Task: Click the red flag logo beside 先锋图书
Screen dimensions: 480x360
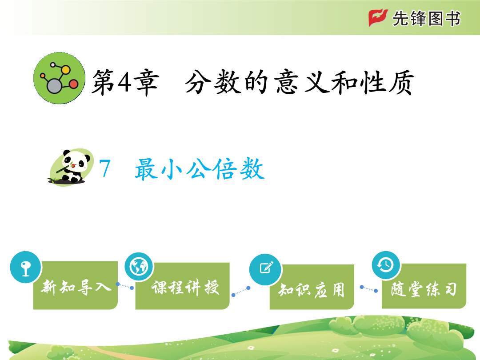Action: [x=378, y=18]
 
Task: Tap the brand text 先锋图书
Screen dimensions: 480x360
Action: [x=426, y=18]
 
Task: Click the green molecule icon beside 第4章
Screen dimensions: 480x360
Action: [x=60, y=78]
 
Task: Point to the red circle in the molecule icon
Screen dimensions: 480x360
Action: [x=73, y=84]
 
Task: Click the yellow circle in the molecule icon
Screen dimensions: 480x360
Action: [x=65, y=70]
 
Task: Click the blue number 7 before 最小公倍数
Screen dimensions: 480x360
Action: [x=105, y=168]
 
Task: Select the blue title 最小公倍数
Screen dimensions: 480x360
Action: [x=200, y=169]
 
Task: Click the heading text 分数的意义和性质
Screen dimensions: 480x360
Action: [x=300, y=82]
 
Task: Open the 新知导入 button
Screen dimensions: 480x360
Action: [x=75, y=285]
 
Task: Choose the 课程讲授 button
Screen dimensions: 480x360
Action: [x=183, y=286]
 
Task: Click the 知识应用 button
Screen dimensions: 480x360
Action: [x=312, y=287]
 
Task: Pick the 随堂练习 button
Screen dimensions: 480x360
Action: [x=424, y=286]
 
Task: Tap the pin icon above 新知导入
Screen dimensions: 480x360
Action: [x=25, y=267]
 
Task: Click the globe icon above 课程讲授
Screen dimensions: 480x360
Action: [x=139, y=267]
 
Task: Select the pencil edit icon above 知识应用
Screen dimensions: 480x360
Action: [x=265, y=269]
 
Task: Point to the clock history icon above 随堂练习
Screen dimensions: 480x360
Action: [x=386, y=265]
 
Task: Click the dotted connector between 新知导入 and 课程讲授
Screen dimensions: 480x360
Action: [x=125, y=286]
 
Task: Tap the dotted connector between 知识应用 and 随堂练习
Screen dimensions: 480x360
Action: [x=368, y=289]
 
